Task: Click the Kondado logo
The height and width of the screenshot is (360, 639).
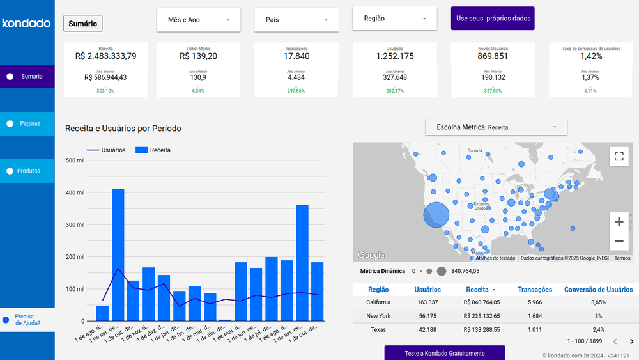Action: (26, 24)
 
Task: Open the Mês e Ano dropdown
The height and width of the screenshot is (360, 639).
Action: (198, 20)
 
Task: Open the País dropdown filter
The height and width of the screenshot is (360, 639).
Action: (296, 20)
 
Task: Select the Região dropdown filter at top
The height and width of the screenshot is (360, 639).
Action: (394, 19)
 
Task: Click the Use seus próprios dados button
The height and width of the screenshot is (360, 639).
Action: (493, 19)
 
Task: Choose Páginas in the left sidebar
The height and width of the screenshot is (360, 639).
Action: (30, 123)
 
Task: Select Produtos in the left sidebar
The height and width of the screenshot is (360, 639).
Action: (29, 171)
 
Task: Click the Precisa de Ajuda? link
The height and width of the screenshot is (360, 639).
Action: (27, 319)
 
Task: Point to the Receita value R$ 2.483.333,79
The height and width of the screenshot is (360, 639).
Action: (105, 56)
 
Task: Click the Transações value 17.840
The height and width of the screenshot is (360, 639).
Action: (296, 56)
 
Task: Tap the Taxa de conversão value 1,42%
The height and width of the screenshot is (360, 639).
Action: (590, 56)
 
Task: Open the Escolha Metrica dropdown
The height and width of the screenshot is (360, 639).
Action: (496, 127)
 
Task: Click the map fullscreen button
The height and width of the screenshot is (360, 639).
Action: (619, 156)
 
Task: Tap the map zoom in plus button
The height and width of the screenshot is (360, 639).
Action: (619, 222)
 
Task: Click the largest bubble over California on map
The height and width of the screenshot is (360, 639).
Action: (436, 215)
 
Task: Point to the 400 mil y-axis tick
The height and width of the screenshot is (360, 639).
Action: (75, 192)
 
